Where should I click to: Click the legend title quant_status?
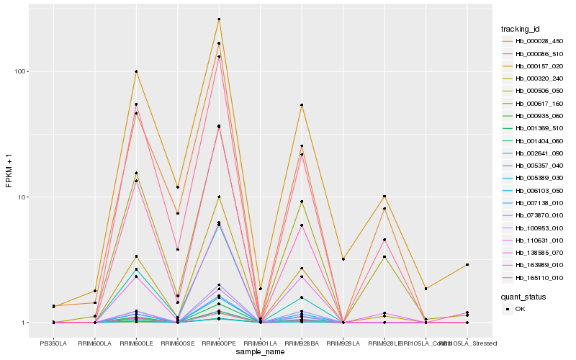(x=523, y=296)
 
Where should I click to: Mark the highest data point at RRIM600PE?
(x=219, y=19)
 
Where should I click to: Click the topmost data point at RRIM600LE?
(x=136, y=72)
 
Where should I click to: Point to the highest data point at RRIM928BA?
(x=302, y=105)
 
